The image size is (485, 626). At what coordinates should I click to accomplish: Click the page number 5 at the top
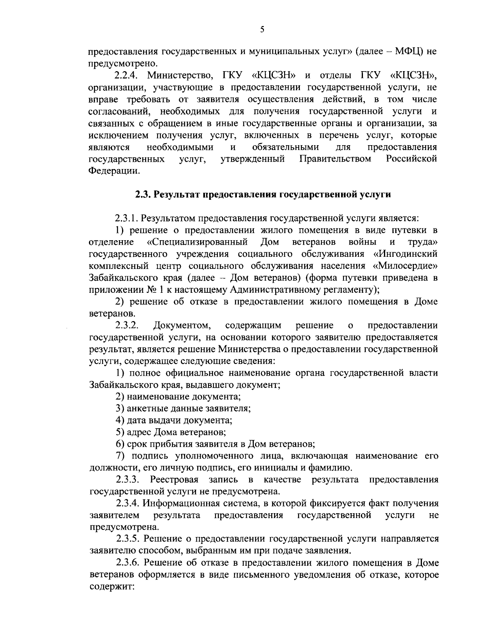tap(262, 29)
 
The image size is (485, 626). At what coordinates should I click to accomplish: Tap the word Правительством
tap(335, 159)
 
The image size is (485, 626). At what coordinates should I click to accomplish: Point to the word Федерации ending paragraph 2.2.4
tap(114, 171)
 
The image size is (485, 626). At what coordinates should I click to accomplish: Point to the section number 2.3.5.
tap(128, 539)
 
